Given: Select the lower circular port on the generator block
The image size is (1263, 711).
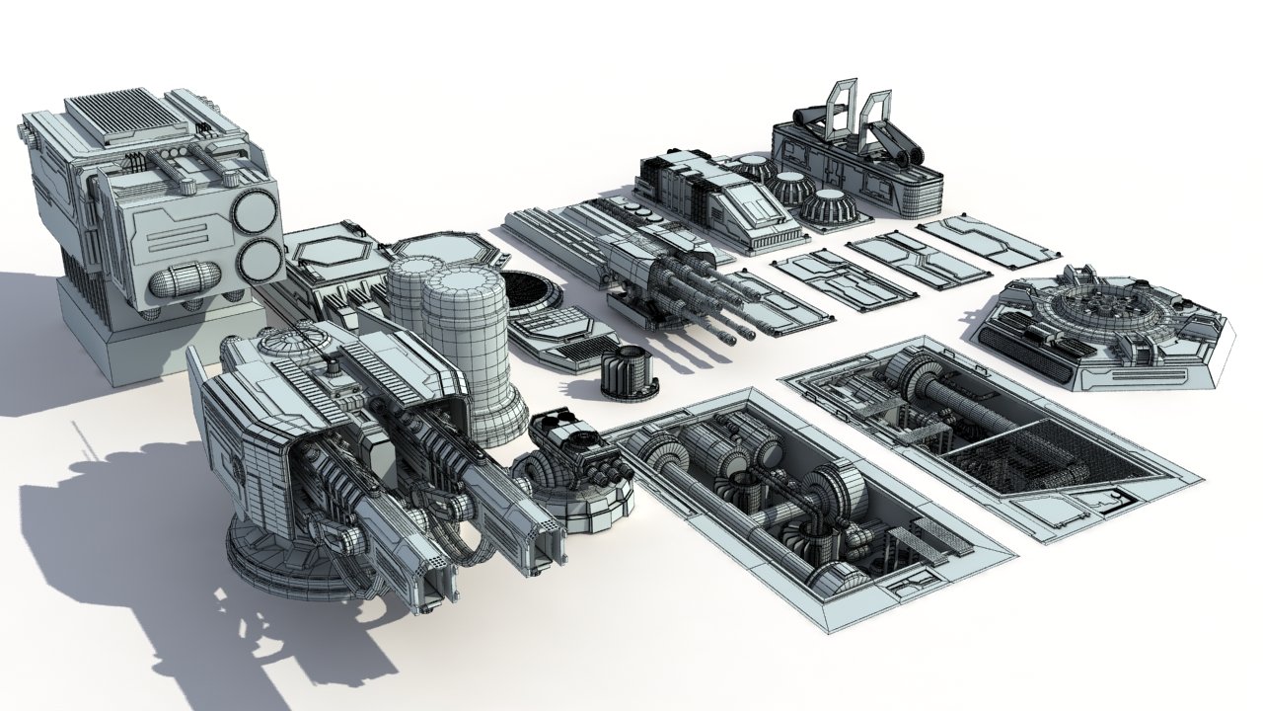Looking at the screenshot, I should click(x=258, y=260).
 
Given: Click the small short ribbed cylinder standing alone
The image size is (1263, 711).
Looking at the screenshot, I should click(x=627, y=374).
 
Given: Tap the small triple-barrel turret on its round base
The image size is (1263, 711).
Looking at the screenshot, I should click(x=572, y=454).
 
